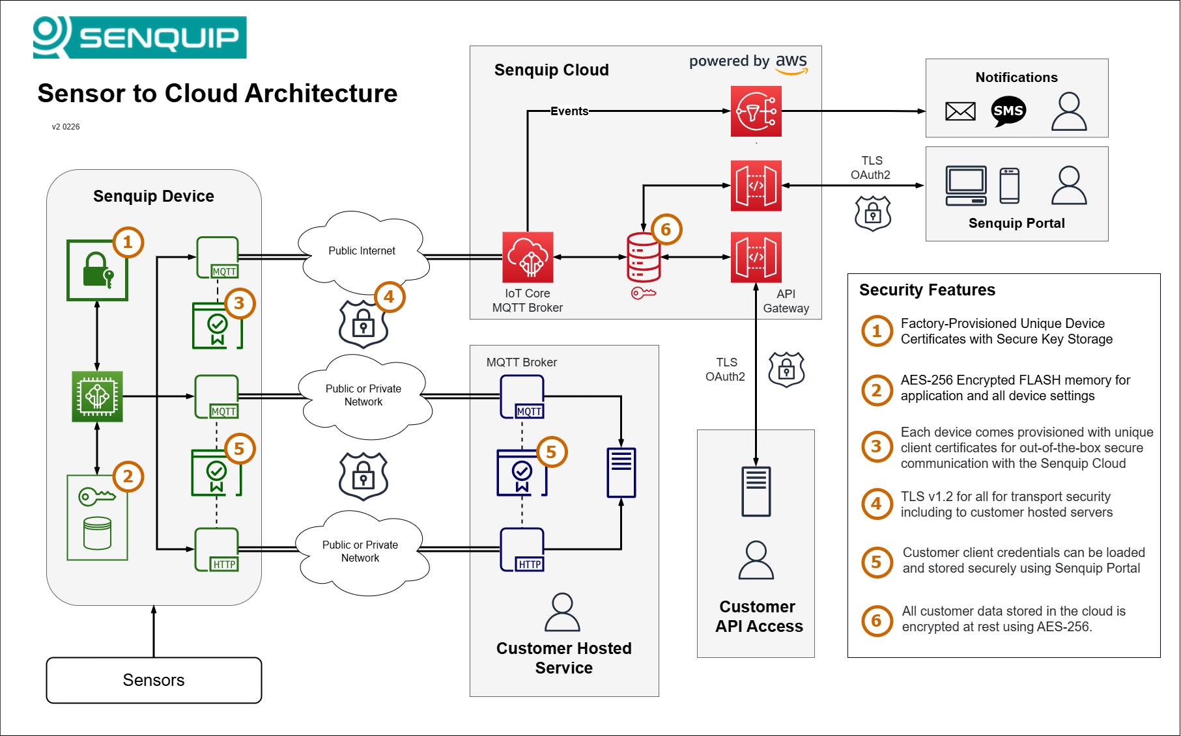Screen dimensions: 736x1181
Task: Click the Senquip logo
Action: coord(139,37)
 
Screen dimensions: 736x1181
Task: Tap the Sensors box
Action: coord(154,680)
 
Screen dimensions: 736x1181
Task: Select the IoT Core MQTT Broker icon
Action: coord(528,257)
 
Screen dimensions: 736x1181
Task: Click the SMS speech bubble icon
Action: coord(1008,111)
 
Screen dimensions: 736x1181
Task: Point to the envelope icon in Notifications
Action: coord(960,111)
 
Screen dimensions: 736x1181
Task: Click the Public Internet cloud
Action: coord(362,251)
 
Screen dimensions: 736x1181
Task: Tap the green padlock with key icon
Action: coord(97,270)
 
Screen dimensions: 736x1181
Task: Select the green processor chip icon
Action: coord(97,396)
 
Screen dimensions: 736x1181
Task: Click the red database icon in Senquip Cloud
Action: coord(644,257)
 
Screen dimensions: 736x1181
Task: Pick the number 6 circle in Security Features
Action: coord(876,621)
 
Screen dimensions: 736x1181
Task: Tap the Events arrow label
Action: coord(569,111)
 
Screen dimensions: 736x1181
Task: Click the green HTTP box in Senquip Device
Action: coord(217,550)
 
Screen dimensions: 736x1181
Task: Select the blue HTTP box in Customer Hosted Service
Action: coord(522,550)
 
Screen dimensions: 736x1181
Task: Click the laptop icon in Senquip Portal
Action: coord(966,185)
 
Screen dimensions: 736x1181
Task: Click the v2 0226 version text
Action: coord(66,127)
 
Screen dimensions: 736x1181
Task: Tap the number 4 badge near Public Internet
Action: coord(390,297)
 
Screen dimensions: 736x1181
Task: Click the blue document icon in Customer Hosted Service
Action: coord(621,472)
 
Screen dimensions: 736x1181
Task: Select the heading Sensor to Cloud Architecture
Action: coord(217,94)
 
